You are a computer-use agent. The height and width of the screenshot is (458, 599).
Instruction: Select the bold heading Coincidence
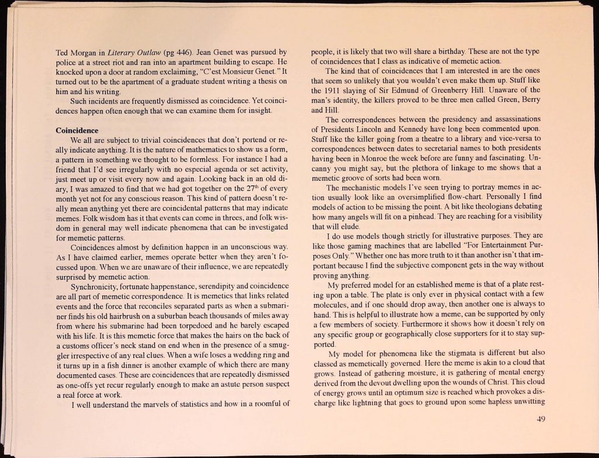point(77,130)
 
